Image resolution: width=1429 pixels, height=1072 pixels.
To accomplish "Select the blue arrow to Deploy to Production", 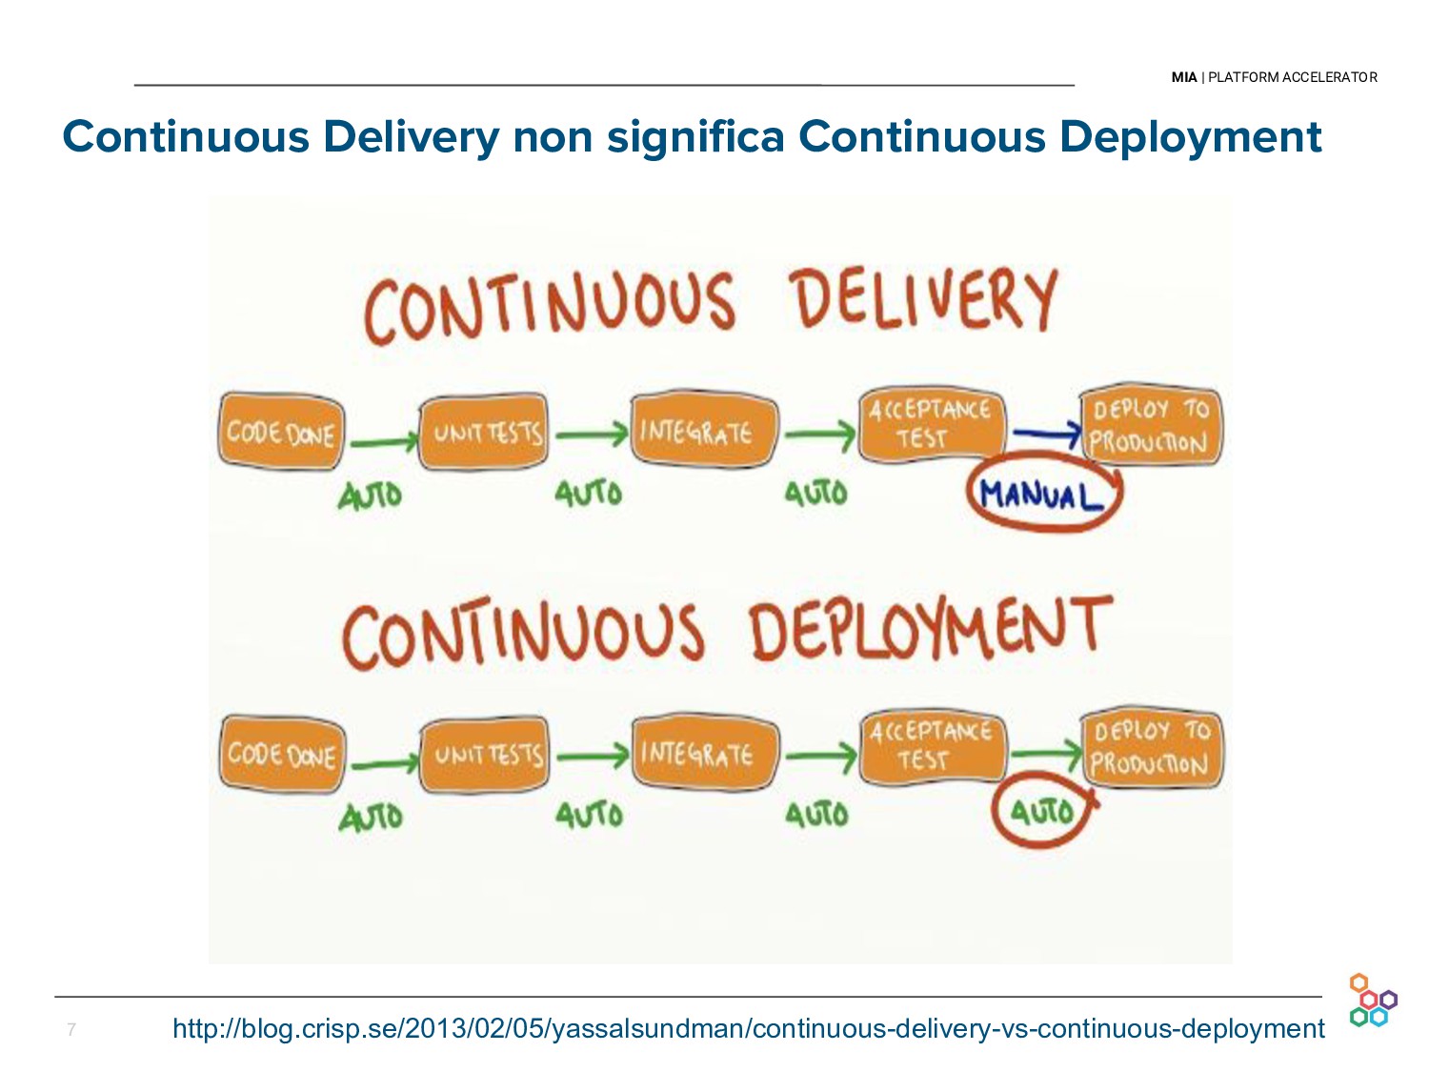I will point(1046,435).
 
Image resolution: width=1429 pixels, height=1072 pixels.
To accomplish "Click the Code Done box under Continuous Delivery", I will point(281,433).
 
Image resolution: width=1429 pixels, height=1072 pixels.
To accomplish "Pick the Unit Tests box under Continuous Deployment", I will point(486,755).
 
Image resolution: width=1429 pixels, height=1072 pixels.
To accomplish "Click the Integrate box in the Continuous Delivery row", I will point(703,433).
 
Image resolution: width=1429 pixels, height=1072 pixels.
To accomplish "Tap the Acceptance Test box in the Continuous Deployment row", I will point(932,746).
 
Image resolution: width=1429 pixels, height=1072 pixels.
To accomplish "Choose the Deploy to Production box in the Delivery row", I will point(1150,427).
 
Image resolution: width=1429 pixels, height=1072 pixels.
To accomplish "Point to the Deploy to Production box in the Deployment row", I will point(1151,748).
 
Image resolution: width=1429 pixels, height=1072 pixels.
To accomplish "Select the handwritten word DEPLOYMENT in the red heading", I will point(930,628).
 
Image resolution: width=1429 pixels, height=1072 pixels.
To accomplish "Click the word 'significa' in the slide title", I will point(695,136).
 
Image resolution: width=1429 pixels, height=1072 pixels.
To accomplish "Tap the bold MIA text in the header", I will point(1184,77).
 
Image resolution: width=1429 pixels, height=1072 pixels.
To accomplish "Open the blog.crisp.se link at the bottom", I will point(748,1028).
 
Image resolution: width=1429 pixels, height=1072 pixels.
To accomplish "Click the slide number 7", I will point(70,1029).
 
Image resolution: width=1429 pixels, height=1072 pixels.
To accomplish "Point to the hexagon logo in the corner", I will point(1372,1001).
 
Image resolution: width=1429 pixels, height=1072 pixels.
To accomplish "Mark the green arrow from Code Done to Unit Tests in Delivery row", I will point(383,441).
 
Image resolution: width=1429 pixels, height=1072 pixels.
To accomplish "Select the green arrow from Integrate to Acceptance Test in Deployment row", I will point(819,758).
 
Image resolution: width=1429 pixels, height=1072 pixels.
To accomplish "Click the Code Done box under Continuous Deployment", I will point(281,755).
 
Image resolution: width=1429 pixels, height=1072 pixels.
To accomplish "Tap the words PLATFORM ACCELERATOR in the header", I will point(1292,77).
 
